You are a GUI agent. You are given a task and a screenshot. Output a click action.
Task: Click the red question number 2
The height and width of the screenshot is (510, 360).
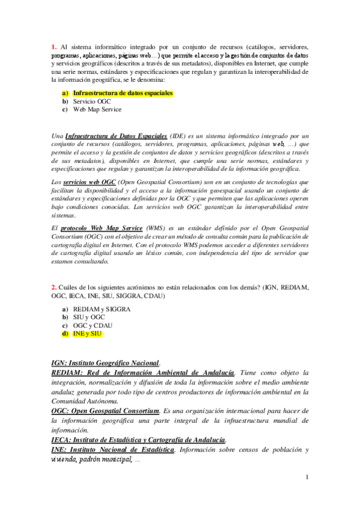[x=53, y=287]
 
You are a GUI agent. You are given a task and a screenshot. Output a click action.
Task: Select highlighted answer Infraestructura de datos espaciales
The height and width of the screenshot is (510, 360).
[x=123, y=93]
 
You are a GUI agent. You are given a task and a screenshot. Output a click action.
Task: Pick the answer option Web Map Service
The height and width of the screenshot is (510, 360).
[x=97, y=110]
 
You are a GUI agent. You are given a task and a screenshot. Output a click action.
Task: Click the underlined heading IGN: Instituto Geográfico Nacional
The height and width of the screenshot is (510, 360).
[x=105, y=363]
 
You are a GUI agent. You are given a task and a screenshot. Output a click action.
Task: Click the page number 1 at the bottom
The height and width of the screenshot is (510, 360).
[x=307, y=478]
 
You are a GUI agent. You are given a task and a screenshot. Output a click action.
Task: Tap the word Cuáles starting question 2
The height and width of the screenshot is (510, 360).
[x=70, y=287]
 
